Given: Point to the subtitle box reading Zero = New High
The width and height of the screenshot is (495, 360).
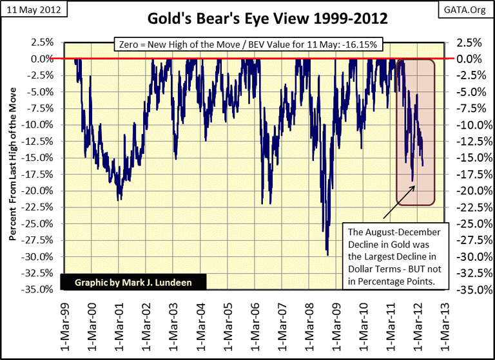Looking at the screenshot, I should [x=247, y=45].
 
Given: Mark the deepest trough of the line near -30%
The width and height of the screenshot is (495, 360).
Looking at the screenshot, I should [x=327, y=255].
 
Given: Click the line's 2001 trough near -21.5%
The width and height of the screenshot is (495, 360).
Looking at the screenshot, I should [x=118, y=200].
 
